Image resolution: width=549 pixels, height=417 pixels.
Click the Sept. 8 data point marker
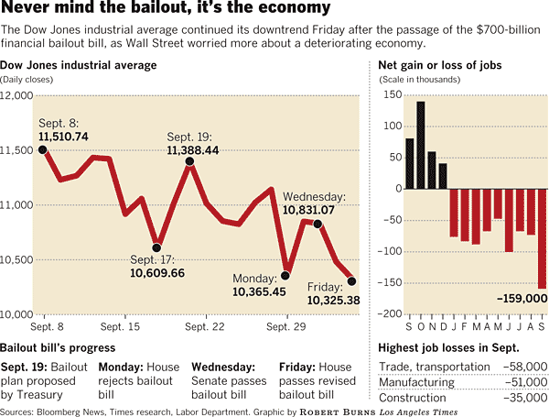pyautogui.click(x=43, y=149)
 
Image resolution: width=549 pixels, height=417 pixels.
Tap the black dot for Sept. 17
pyautogui.click(x=156, y=247)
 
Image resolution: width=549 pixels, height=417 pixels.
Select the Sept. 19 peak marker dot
pyautogui.click(x=189, y=161)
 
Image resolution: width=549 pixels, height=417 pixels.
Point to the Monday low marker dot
pyautogui.click(x=285, y=275)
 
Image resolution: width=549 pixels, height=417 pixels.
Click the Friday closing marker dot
pyautogui.click(x=352, y=281)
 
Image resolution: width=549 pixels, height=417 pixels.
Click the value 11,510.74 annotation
pyautogui.click(x=63, y=137)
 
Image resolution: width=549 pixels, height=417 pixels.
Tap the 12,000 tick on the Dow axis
pyautogui.click(x=18, y=95)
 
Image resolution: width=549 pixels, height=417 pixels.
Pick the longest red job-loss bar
pyautogui.click(x=542, y=239)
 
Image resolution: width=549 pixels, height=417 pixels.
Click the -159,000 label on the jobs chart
pyautogui.click(x=519, y=299)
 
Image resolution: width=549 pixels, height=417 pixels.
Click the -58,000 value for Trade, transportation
pyautogui.click(x=523, y=367)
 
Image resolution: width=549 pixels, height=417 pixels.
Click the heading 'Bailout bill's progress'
pyautogui.click(x=58, y=348)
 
